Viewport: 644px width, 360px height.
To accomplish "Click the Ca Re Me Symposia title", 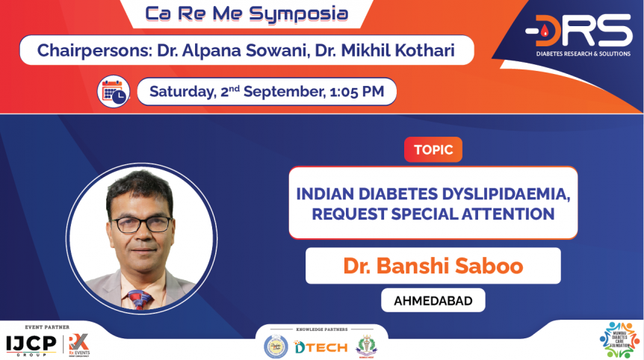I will tap(246, 13).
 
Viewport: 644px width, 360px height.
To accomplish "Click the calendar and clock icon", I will tap(114, 92).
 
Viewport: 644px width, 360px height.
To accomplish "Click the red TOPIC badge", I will tap(433, 149).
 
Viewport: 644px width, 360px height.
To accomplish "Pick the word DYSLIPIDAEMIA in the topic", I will tap(504, 193).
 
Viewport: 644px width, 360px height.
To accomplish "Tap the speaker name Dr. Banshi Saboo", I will tap(433, 266).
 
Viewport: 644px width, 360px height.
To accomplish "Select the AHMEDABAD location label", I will tap(433, 300).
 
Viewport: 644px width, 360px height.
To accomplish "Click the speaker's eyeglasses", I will tap(142, 223).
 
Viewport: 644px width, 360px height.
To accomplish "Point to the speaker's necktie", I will tap(140, 298).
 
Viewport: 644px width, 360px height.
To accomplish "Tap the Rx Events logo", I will tap(77, 344).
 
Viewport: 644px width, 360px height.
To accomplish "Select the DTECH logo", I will tap(321, 347).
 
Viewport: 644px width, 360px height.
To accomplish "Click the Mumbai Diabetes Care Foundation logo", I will tap(619, 340).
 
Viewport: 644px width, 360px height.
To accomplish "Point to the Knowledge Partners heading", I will tap(321, 329).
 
